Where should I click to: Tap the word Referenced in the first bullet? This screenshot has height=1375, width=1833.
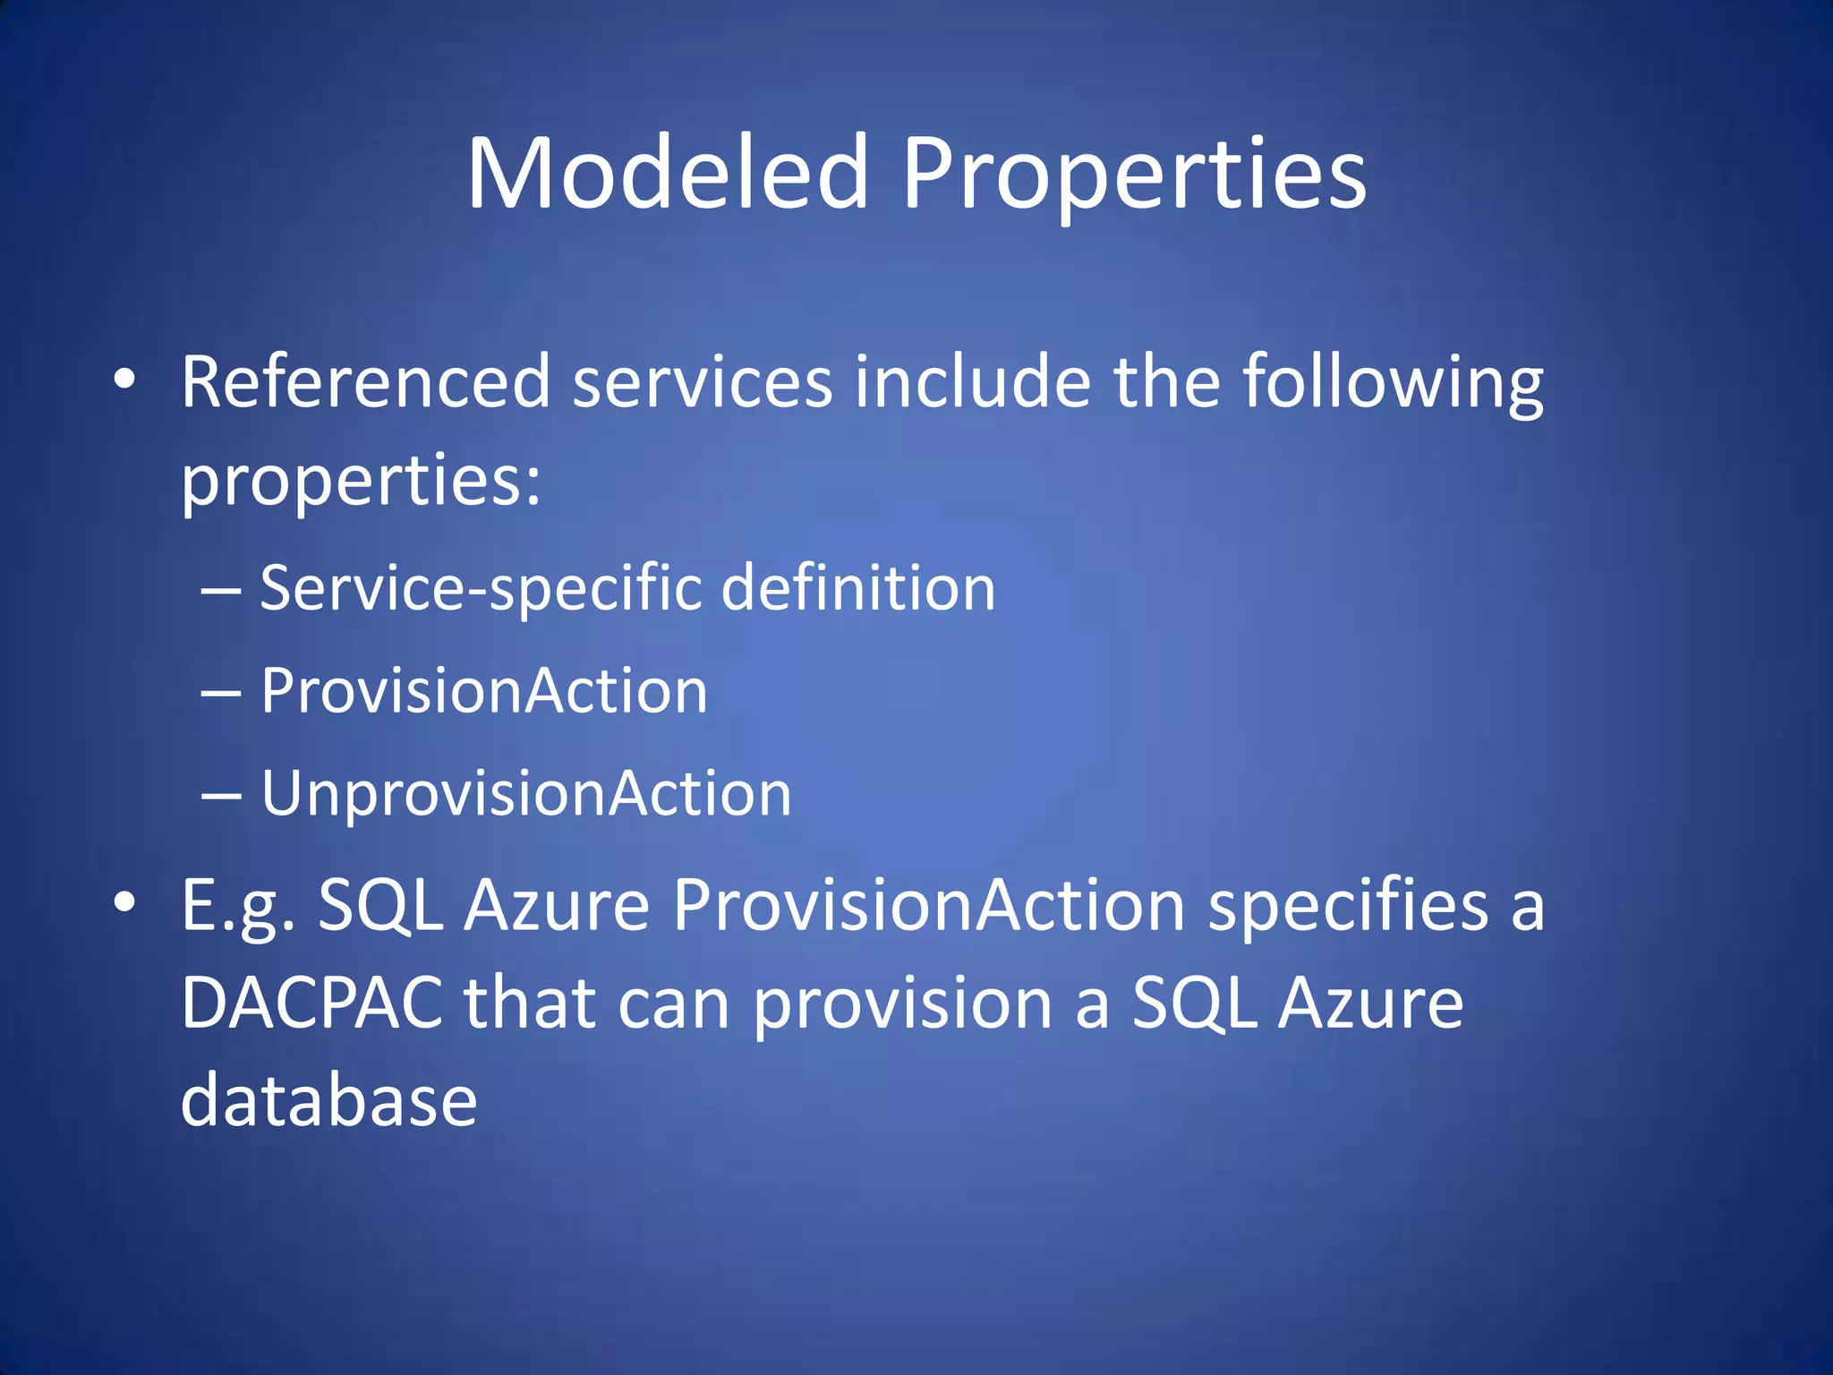click(x=365, y=382)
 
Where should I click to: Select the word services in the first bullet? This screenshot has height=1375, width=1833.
click(x=703, y=382)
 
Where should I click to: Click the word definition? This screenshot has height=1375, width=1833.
click(x=857, y=589)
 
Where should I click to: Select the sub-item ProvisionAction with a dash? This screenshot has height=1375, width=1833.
click(x=483, y=691)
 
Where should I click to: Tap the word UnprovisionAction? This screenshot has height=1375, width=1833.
click(x=526, y=794)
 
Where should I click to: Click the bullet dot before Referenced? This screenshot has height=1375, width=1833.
click(x=124, y=380)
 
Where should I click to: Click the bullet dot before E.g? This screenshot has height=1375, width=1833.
click(x=124, y=903)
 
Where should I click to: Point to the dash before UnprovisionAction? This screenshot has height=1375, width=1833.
click(x=221, y=795)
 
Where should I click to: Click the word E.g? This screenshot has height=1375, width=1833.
click(x=238, y=905)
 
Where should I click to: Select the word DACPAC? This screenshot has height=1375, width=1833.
click(x=311, y=1003)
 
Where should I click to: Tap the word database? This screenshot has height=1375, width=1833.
click(x=328, y=1100)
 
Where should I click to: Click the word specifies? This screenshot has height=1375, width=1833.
click(x=1347, y=905)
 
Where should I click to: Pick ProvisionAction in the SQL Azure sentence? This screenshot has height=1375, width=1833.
click(x=929, y=905)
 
